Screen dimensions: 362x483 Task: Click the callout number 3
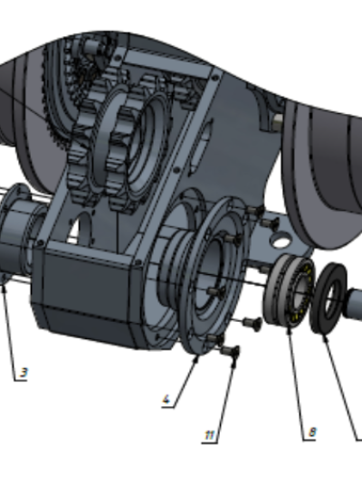(x=24, y=373)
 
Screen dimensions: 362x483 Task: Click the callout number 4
(x=166, y=399)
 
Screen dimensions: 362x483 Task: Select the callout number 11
(x=209, y=435)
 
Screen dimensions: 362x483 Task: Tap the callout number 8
(x=312, y=432)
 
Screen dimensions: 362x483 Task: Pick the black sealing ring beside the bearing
(x=329, y=298)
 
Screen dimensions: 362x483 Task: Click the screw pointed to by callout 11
(x=230, y=350)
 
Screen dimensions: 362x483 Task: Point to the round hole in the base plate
(x=281, y=241)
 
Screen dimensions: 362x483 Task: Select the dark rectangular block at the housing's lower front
(x=86, y=296)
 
